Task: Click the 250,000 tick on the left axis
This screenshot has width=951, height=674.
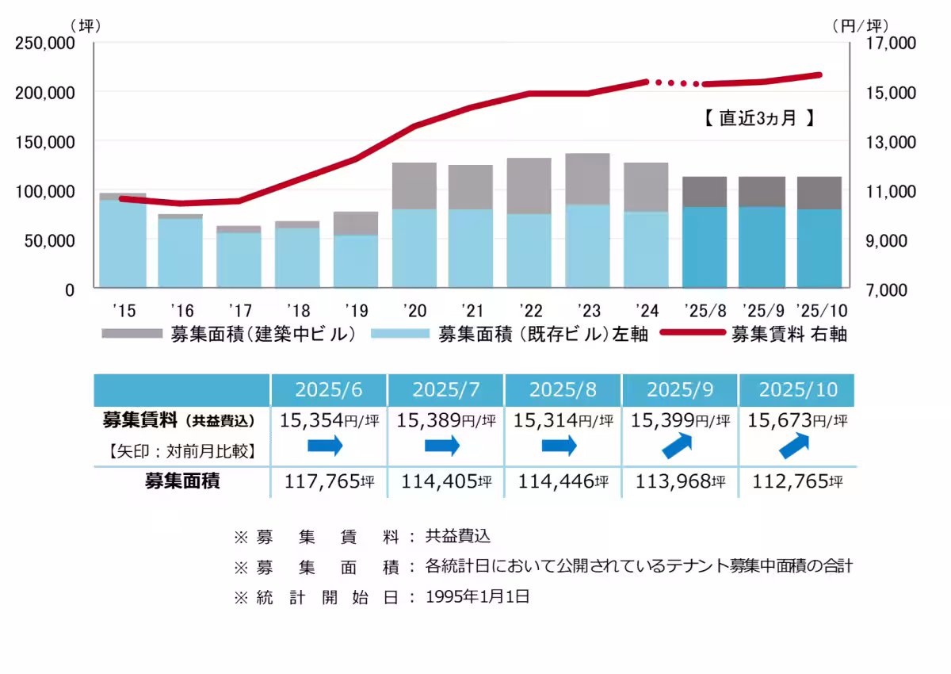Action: coord(45,44)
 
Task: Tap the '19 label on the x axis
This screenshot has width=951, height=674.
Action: coord(356,309)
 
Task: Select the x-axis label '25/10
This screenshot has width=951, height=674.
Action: coord(819,309)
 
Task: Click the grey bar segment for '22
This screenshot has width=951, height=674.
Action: coord(529,186)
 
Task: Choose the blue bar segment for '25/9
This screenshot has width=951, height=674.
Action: coord(762,247)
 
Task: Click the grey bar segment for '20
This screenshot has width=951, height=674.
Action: coord(414,186)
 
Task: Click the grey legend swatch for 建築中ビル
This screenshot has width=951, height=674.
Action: coord(132,334)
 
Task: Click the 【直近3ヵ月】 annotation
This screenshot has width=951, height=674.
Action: coord(758,119)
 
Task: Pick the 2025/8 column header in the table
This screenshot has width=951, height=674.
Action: coord(563,389)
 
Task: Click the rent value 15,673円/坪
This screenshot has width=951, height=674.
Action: coord(797,420)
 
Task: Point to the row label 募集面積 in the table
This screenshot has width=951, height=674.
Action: coord(181,481)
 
